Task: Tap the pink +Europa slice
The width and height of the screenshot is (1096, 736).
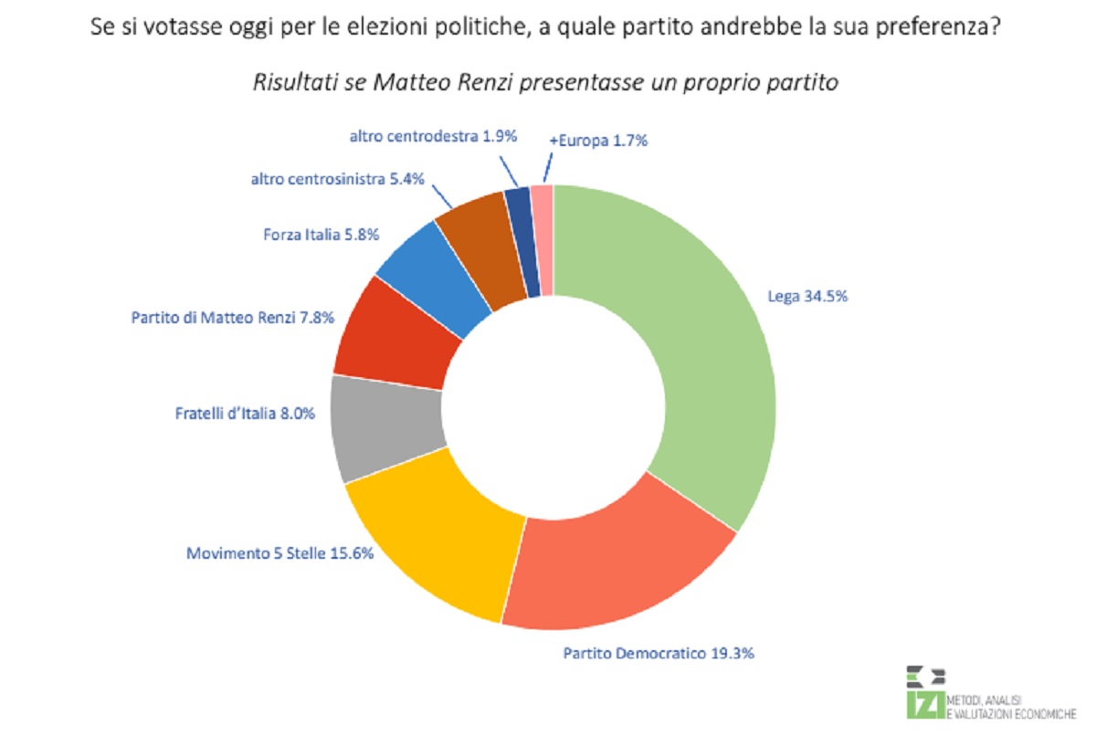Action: (543, 239)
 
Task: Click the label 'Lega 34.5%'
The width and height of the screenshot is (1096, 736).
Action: (807, 297)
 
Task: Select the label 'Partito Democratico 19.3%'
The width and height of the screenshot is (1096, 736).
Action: (659, 653)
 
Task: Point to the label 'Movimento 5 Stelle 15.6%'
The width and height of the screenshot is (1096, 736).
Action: (279, 553)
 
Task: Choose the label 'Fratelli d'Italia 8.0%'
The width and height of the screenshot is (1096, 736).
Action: (245, 414)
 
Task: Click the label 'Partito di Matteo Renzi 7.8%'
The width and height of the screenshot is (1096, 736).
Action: (232, 318)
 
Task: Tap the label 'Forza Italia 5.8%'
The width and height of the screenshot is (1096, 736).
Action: (321, 235)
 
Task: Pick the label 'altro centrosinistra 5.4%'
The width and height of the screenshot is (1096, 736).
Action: (338, 180)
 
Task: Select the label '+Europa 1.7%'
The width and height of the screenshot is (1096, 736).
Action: (598, 141)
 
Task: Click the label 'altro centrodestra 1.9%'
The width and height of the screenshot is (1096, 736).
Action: (433, 136)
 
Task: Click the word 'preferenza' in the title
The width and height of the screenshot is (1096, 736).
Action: (938, 26)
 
